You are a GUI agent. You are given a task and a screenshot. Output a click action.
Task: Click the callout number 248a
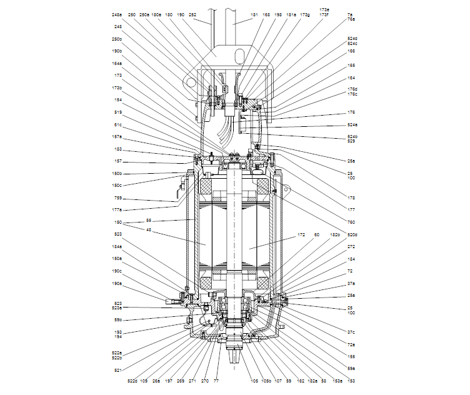tap(117, 14)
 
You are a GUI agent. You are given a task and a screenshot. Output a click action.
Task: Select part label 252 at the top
tap(192, 14)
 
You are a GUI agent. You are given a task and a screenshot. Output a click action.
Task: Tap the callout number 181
tap(254, 14)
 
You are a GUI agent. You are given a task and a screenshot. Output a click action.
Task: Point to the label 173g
tap(304, 14)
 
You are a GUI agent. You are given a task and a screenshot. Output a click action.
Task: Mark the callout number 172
tap(301, 235)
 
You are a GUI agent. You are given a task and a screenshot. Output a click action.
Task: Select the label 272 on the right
tap(351, 246)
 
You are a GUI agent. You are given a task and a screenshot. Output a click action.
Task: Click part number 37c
tap(351, 332)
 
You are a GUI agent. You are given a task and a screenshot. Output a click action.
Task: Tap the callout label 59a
tap(351, 368)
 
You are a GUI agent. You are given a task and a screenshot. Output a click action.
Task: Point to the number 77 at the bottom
tap(216, 380)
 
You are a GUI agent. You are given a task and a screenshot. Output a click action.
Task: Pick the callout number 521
tap(117, 369)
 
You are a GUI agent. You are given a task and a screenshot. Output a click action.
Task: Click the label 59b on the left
tap(117, 320)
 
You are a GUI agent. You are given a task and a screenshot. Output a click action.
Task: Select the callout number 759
tap(117, 199)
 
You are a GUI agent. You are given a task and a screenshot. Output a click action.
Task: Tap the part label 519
tap(117, 112)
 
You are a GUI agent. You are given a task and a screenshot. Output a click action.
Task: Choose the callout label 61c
tap(117, 124)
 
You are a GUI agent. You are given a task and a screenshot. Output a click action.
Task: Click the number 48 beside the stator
tap(149, 229)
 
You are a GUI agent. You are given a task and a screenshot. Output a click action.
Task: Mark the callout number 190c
tap(117, 271)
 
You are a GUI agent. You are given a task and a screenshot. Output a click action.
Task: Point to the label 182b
tap(336, 235)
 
